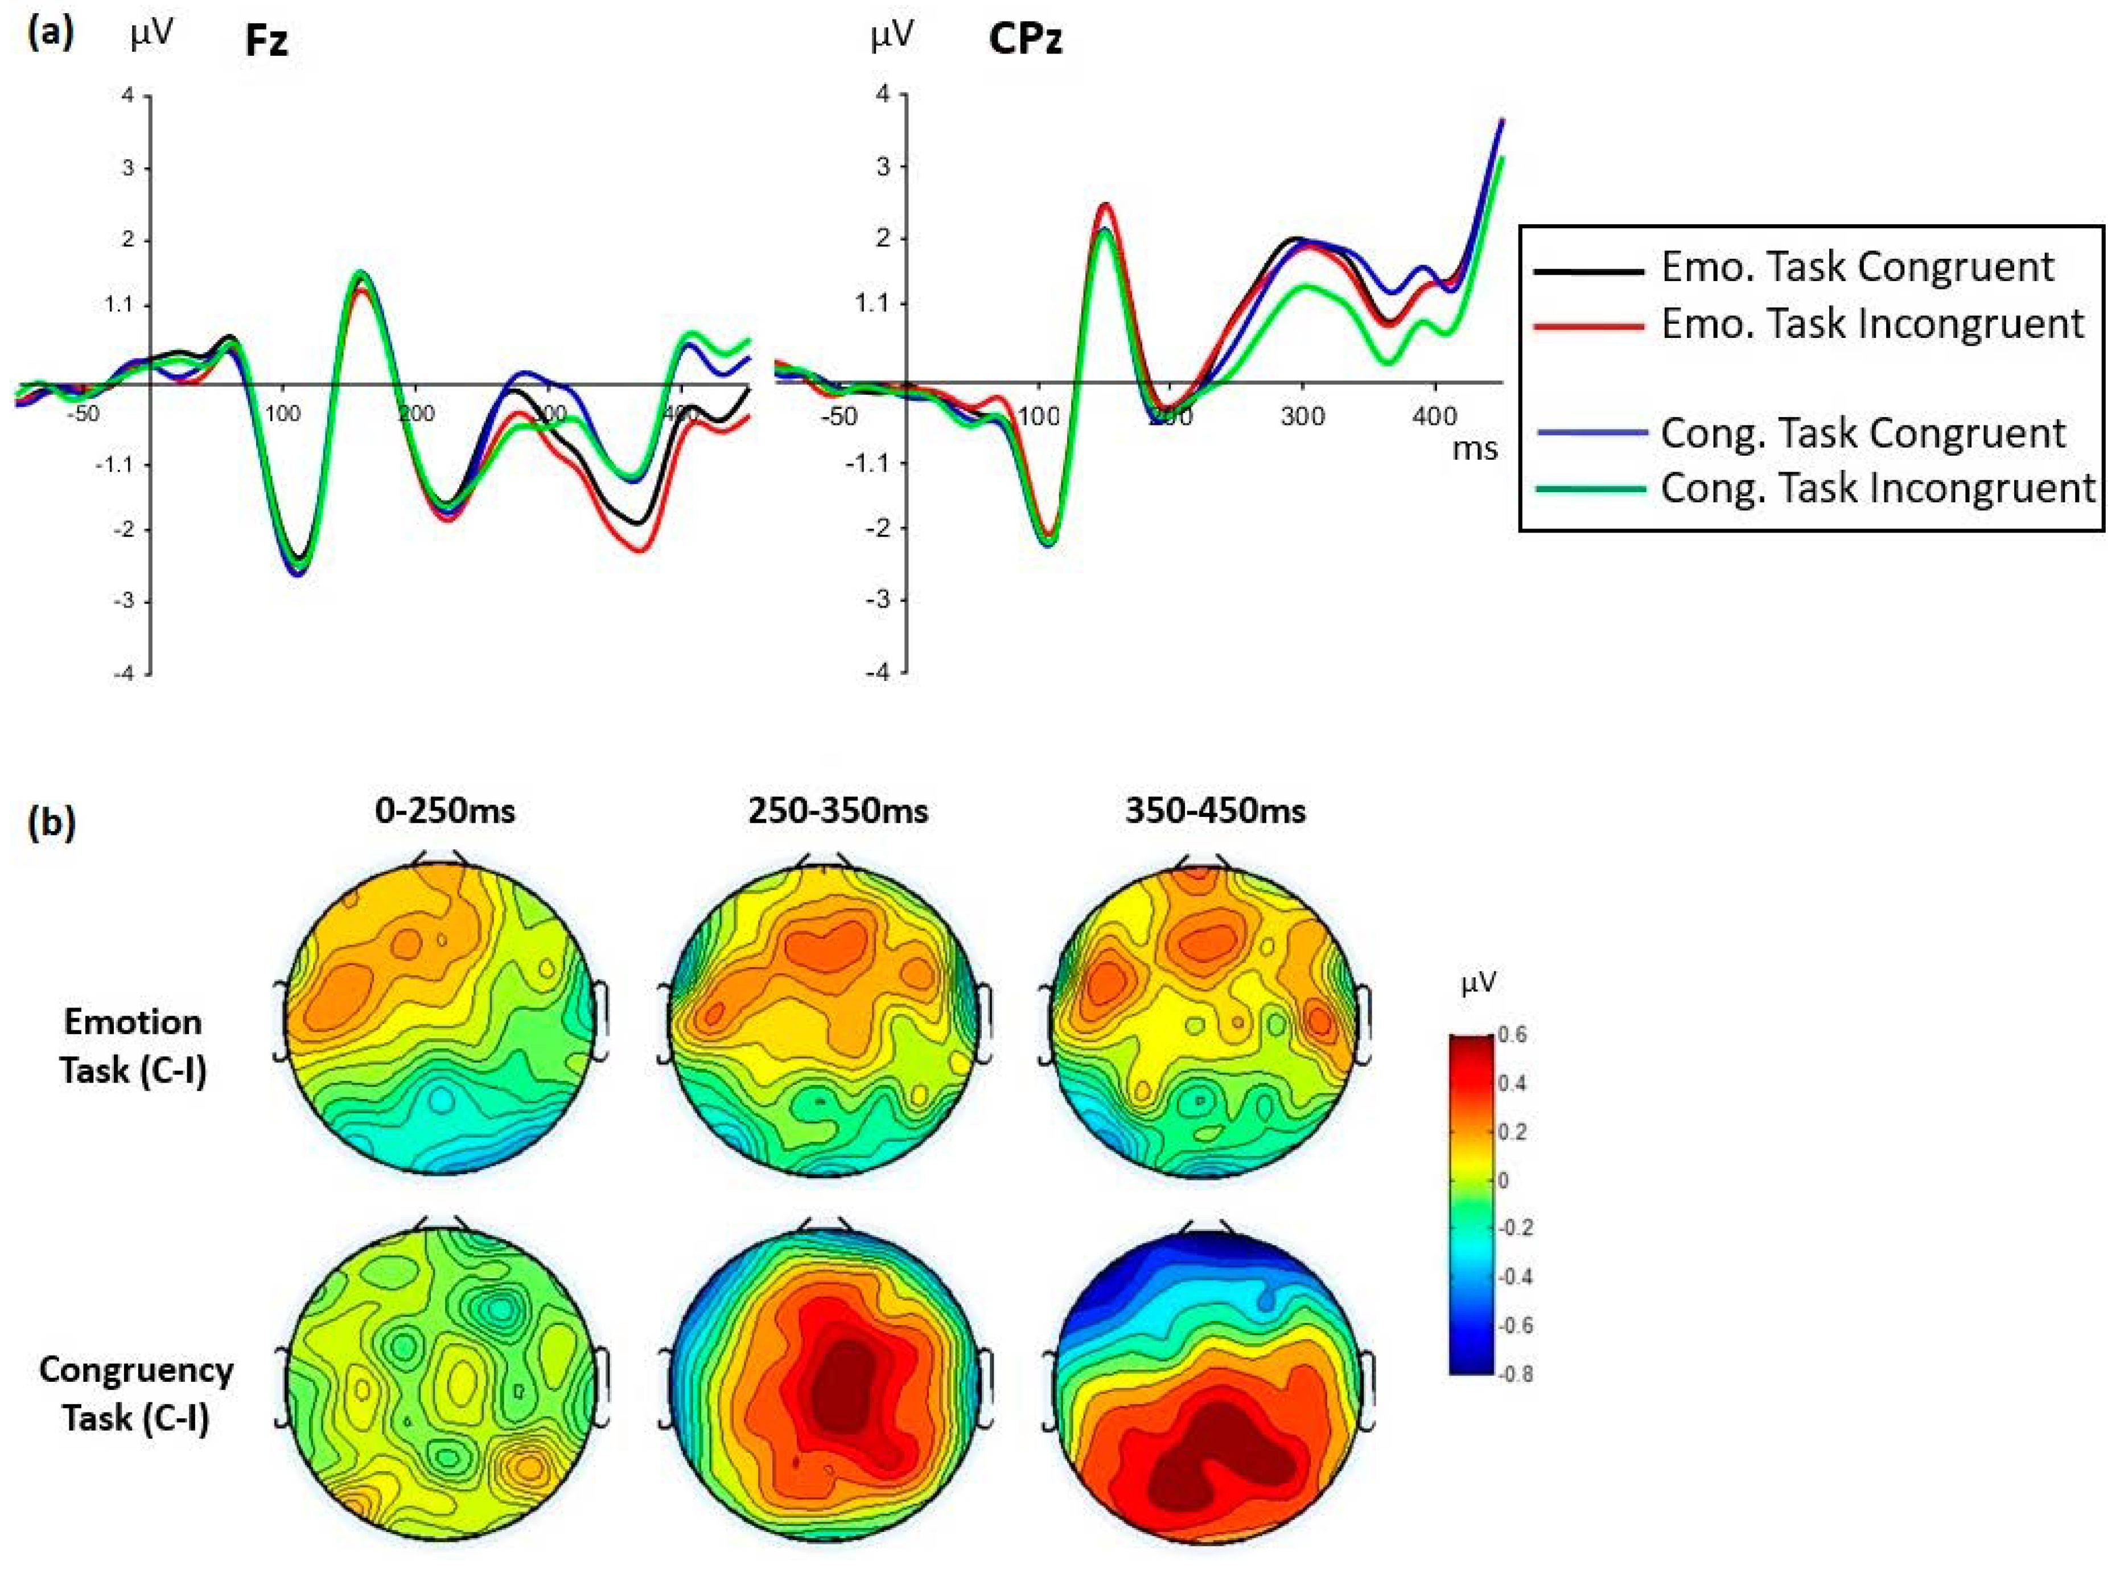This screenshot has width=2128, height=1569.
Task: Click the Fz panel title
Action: click(266, 42)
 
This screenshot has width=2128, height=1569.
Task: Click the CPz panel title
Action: click(1025, 40)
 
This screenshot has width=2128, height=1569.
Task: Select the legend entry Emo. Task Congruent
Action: click(1857, 267)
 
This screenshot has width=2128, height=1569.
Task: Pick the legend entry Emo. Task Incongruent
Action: click(1871, 324)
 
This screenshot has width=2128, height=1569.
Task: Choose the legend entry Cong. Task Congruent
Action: click(1862, 433)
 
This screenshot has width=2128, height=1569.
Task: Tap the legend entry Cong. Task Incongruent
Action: click(1877, 488)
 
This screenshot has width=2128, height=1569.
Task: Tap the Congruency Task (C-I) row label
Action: click(136, 1393)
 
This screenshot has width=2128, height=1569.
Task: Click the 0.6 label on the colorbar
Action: click(1512, 1034)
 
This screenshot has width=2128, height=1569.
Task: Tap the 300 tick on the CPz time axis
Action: click(1302, 417)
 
